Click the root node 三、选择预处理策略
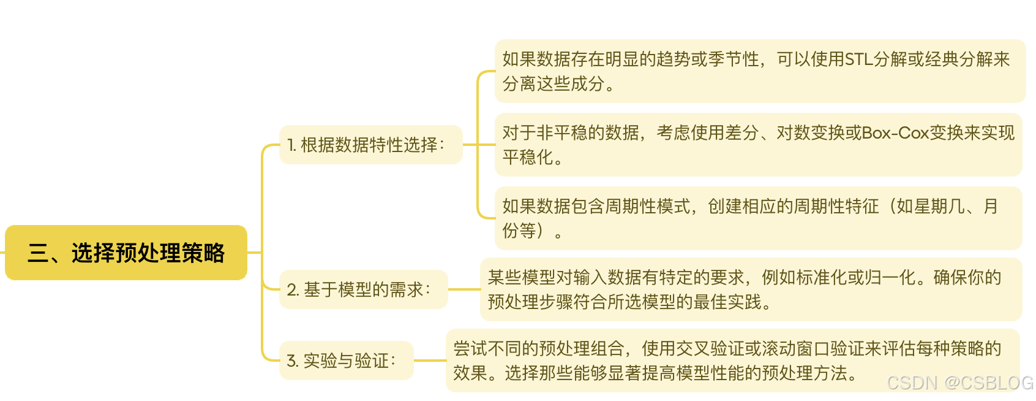point(126,253)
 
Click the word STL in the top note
point(858,59)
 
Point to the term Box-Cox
point(895,133)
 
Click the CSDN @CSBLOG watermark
point(959,383)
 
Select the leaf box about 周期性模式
point(757,218)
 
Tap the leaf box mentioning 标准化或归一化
point(750,289)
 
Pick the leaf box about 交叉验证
point(732,361)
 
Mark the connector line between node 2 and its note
point(464,289)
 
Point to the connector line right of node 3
point(430,361)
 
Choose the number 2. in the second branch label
point(293,290)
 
